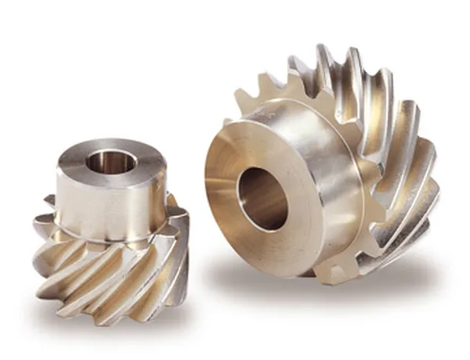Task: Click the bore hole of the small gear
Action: [111, 162]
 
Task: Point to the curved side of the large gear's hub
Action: [313, 157]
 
